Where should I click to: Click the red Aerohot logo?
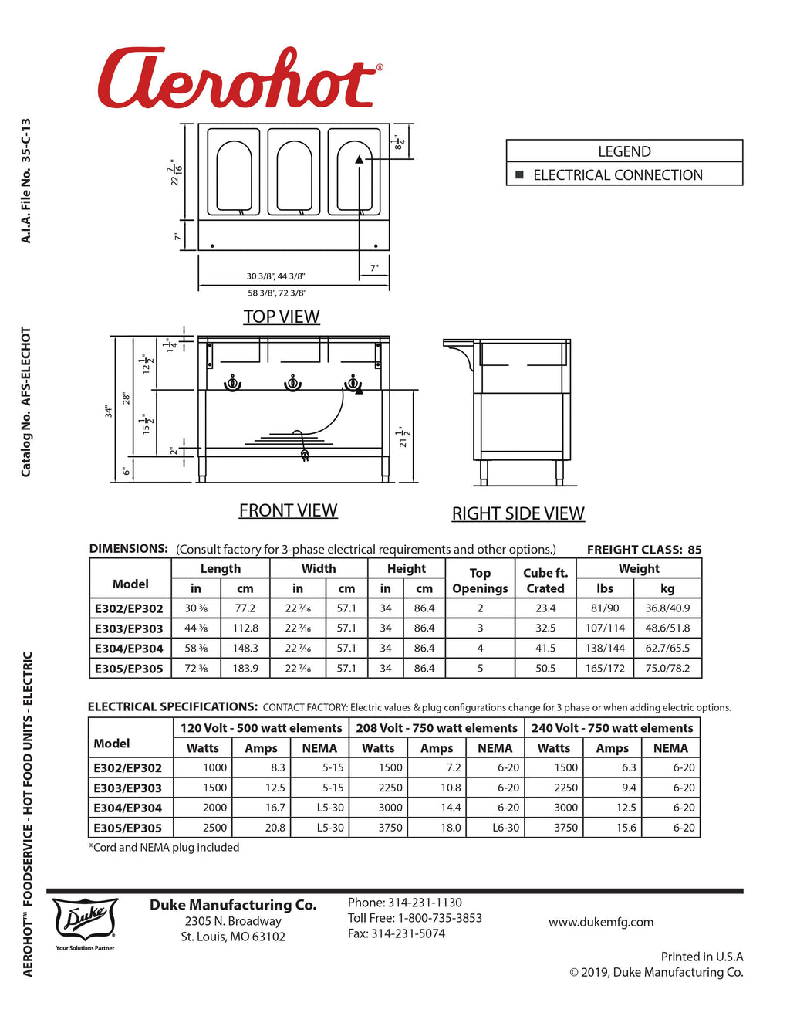(x=238, y=80)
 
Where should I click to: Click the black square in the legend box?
(x=519, y=175)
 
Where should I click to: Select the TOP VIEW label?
(x=282, y=317)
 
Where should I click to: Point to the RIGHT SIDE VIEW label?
(x=518, y=513)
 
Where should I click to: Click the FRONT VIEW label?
(x=288, y=510)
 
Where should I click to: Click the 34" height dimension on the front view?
(x=109, y=411)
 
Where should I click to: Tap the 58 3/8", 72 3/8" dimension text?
(x=277, y=293)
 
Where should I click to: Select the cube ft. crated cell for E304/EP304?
(x=545, y=649)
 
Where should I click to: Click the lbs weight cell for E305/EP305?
(x=605, y=669)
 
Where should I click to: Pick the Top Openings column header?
(x=480, y=581)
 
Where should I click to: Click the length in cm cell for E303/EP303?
(x=245, y=628)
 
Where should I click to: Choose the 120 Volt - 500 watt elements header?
(x=261, y=728)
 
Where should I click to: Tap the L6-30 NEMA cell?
(x=505, y=828)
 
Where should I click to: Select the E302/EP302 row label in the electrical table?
(x=128, y=768)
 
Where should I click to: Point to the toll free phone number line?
(x=415, y=918)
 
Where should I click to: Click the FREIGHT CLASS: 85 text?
(x=644, y=550)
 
